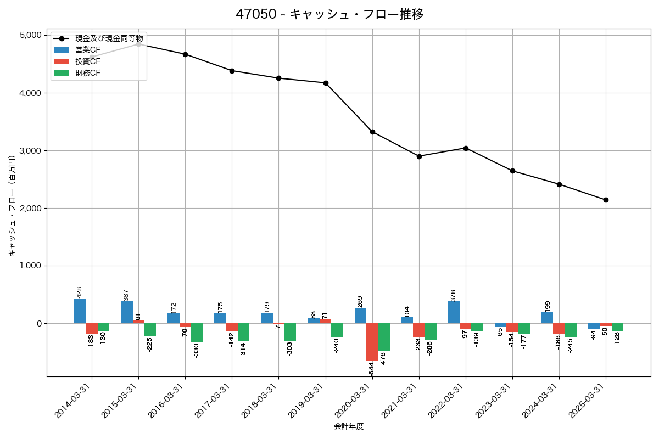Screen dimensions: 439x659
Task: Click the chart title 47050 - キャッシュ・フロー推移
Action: (329, 14)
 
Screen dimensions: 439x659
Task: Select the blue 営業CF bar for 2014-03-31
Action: (80, 311)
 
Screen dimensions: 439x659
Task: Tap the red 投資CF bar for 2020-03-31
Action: (372, 341)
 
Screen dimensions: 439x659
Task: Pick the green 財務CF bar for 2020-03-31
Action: (383, 337)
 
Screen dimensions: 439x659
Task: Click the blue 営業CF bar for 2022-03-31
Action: (454, 312)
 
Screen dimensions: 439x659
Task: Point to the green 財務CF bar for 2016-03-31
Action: (197, 333)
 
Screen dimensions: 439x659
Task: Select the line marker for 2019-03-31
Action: (326, 83)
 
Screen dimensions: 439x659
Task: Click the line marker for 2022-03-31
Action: (466, 148)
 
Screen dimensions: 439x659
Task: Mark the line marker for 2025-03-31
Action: (606, 200)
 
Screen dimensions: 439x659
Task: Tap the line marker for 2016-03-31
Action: (185, 54)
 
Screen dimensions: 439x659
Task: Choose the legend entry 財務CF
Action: (88, 73)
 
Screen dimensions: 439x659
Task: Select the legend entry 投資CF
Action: (88, 61)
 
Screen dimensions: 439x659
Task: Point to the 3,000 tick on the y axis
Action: (31, 151)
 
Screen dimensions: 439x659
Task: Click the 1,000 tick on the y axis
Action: (31, 266)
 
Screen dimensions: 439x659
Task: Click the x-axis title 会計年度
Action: (349, 426)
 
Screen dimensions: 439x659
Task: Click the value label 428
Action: (80, 292)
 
